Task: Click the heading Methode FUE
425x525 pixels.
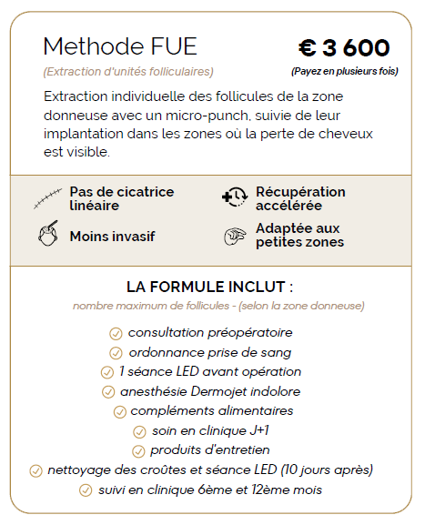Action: (120, 46)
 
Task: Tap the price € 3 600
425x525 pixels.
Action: (344, 48)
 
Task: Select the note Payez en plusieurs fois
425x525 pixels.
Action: (344, 71)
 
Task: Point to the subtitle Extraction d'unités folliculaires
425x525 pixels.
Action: (128, 71)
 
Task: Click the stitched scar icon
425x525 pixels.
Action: (47, 197)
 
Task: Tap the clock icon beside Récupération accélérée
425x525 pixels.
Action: (234, 197)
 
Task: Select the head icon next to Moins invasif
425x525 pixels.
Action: (47, 236)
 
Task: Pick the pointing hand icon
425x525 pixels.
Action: (234, 236)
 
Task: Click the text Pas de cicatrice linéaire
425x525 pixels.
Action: (122, 197)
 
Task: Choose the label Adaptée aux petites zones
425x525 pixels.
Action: (299, 236)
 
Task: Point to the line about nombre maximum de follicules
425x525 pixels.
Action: (219, 306)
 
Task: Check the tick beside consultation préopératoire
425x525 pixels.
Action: (116, 333)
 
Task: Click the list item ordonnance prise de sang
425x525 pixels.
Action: (209, 352)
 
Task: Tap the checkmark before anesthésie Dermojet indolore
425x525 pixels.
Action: (107, 392)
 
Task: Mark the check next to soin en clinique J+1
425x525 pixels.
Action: (139, 431)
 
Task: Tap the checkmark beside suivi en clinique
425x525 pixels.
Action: (86, 490)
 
